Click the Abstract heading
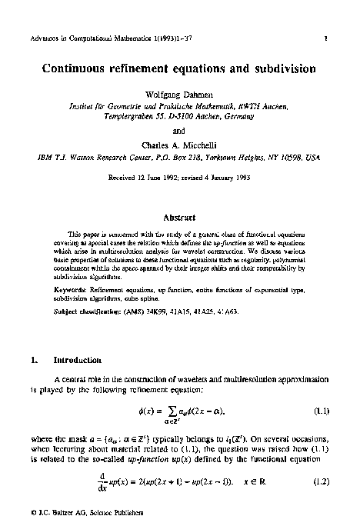pyautogui.click(x=180, y=218)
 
